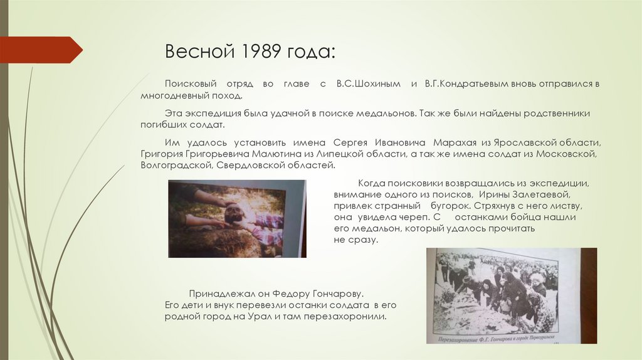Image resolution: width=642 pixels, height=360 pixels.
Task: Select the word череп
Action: point(413,217)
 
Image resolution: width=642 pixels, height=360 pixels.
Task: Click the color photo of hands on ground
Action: point(236,219)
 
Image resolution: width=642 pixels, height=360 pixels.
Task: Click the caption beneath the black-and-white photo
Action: point(495,339)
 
